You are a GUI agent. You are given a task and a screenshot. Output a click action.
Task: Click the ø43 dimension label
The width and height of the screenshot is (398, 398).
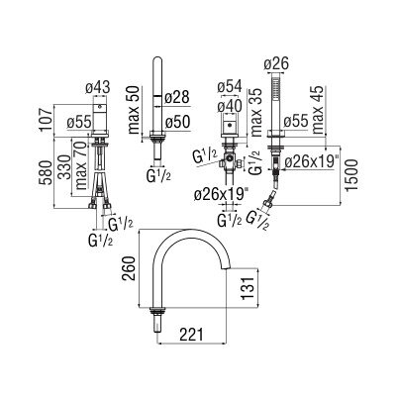(98, 88)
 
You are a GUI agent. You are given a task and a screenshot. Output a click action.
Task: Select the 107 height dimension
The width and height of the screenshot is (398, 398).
(48, 119)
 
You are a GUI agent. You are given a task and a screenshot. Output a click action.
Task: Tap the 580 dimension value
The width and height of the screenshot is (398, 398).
(46, 173)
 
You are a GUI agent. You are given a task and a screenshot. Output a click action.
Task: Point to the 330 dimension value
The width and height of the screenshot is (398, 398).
(64, 166)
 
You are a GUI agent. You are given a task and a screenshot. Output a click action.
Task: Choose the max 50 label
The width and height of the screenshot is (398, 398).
(134, 110)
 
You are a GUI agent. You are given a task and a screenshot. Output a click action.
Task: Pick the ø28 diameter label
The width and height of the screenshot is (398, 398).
(177, 97)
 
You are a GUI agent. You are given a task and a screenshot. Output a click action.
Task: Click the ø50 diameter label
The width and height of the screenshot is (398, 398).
(177, 122)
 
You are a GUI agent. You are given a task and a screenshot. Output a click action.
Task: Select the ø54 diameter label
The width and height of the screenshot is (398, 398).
(230, 86)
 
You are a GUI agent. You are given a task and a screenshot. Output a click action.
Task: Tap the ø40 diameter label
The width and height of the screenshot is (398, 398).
(230, 106)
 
